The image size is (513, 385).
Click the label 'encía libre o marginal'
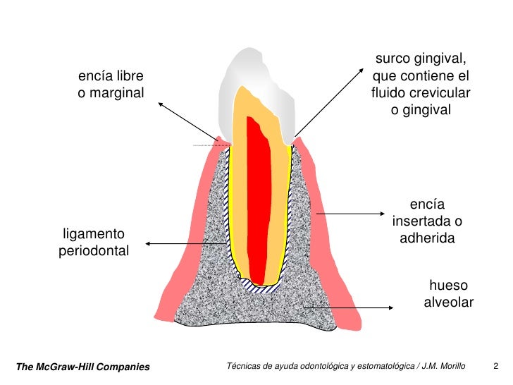112,84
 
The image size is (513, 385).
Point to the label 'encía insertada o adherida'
427,221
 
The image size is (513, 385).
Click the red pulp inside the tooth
259,197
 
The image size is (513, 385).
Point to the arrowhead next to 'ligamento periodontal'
148,244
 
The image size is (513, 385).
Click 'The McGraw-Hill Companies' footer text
83,367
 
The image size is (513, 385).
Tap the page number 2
496,366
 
